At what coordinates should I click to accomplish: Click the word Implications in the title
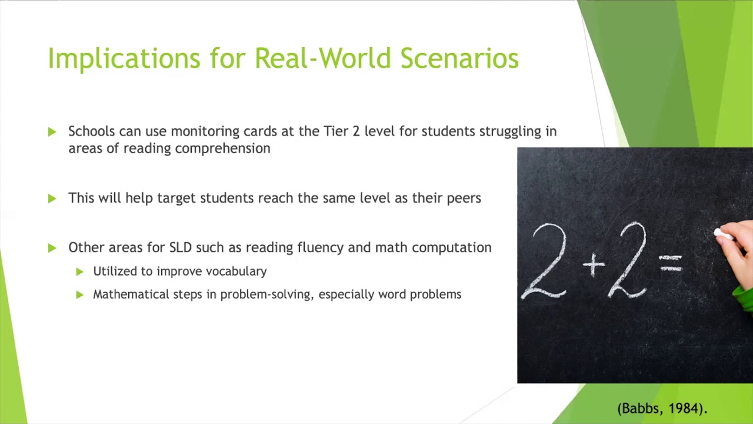tap(124, 59)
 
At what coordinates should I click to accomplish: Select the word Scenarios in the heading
tap(459, 59)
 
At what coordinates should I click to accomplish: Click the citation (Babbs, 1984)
tap(662, 408)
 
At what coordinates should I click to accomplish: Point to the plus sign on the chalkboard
tap(594, 266)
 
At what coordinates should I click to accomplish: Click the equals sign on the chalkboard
tap(671, 263)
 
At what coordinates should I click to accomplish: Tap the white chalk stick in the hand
tap(723, 235)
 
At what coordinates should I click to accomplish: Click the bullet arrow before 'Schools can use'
tap(52, 132)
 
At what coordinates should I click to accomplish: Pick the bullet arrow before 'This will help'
tap(52, 199)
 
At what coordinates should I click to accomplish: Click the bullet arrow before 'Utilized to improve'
tap(80, 272)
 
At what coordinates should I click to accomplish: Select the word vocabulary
tap(236, 271)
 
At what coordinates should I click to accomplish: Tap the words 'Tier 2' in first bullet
tap(342, 131)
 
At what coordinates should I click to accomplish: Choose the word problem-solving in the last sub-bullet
tap(266, 294)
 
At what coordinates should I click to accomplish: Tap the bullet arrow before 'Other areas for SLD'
tap(52, 249)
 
